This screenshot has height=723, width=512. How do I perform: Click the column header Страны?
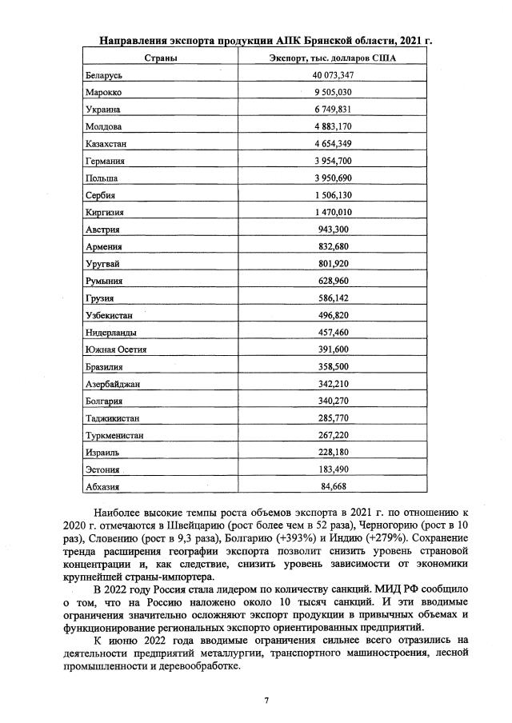click(159, 58)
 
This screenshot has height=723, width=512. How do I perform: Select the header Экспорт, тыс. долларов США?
click(333, 58)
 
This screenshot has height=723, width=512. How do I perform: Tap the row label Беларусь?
click(103, 75)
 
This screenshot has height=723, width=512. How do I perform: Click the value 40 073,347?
click(333, 75)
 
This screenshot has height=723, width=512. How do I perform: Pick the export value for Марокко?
click(333, 92)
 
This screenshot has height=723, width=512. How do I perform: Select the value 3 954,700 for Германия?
click(333, 161)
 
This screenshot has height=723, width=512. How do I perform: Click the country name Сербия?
click(100, 195)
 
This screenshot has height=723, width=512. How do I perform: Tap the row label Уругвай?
click(102, 263)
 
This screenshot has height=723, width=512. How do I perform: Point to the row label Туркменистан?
click(114, 434)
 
